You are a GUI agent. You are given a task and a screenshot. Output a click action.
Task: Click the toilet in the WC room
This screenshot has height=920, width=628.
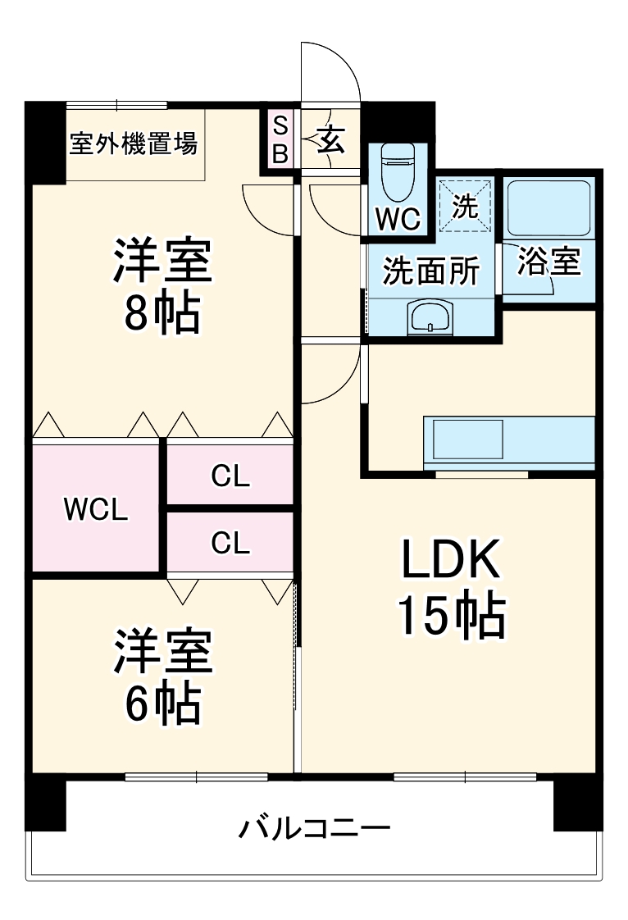click(398, 172)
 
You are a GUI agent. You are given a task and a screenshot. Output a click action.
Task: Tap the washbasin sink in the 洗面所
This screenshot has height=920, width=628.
click(430, 319)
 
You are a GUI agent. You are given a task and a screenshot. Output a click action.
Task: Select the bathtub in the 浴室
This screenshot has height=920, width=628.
click(548, 208)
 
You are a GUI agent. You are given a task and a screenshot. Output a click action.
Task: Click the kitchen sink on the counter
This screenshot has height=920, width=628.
click(468, 440)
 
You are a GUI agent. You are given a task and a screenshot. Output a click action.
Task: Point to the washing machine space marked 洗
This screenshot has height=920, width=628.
click(465, 206)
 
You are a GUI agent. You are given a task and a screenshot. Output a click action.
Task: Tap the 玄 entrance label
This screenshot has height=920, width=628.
click(331, 141)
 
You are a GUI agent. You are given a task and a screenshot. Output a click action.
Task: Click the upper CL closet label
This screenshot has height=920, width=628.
click(230, 476)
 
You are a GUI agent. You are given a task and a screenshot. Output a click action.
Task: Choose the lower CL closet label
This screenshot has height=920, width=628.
click(230, 543)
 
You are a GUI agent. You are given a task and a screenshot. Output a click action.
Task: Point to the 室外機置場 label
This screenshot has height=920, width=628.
click(134, 143)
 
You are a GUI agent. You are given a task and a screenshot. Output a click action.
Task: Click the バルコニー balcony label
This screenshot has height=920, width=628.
click(314, 828)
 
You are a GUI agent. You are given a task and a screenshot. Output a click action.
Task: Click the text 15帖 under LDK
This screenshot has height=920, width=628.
click(452, 617)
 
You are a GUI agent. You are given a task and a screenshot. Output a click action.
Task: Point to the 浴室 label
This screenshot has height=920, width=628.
click(548, 262)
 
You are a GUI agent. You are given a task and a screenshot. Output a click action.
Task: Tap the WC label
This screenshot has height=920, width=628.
click(398, 219)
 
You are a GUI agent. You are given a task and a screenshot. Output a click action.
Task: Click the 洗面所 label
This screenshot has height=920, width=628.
click(431, 271)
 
